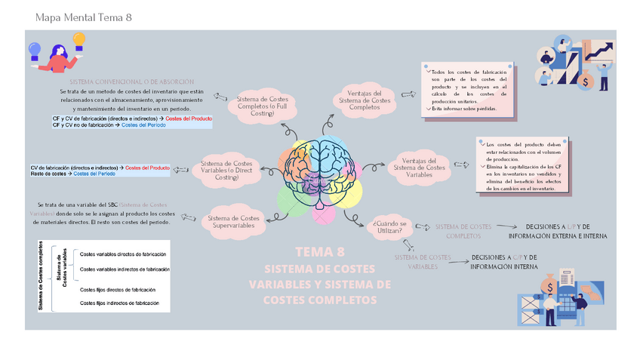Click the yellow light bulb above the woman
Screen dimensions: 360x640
(82, 47)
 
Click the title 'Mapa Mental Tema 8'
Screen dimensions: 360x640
(84, 17)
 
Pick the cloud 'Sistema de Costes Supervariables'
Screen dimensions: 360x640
(234, 219)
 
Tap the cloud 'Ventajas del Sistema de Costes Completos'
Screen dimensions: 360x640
(365, 99)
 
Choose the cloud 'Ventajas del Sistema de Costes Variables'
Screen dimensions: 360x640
(420, 168)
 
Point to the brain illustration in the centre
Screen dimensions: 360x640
(320, 165)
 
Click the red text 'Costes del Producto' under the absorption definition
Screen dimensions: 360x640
(189, 118)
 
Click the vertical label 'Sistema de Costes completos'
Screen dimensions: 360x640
(41, 277)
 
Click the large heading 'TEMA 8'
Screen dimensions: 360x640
(320, 251)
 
